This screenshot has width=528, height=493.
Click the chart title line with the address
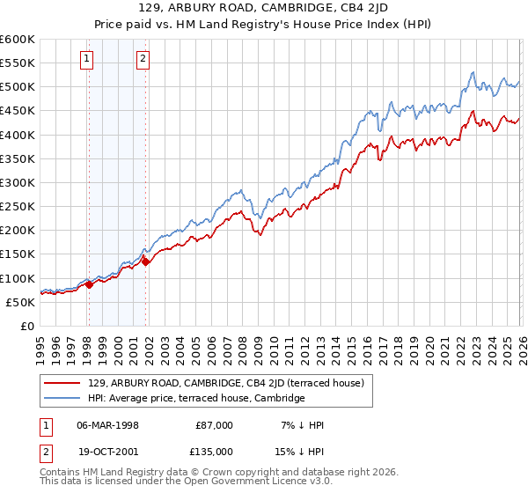coord(265,8)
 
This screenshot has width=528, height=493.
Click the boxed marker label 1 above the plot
coord(88,60)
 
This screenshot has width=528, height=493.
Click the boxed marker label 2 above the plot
coord(143,60)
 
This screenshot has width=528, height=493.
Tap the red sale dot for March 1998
coord(89,284)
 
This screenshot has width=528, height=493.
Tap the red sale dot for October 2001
coord(145,261)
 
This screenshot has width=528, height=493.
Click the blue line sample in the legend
coord(63,398)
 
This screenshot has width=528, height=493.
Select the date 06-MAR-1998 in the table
coord(108,424)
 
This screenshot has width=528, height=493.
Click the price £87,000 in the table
coord(214,424)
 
